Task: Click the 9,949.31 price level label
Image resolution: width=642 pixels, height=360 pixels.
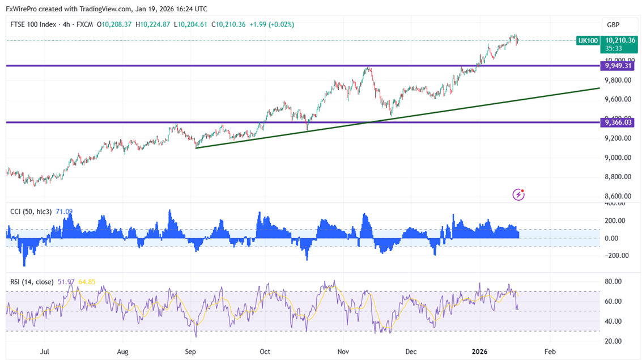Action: point(619,66)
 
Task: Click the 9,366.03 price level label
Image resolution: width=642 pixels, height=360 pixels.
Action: point(619,122)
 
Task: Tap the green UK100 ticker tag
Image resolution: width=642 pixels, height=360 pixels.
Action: point(588,41)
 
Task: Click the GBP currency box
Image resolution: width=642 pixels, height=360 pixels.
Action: point(613,25)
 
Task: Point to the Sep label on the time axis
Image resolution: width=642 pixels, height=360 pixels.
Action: point(190,351)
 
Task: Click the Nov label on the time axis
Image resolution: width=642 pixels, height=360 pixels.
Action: point(343,351)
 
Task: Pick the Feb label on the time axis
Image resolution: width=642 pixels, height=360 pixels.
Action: point(550,351)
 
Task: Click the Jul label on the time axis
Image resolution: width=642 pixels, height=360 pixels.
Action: point(44,351)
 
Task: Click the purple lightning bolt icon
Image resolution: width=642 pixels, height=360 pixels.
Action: point(518,195)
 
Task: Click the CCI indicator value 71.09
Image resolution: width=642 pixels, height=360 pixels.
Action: point(64,211)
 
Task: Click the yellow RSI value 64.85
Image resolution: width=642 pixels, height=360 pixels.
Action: point(86,281)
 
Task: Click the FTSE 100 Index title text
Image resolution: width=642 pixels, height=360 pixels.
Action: point(33,24)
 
